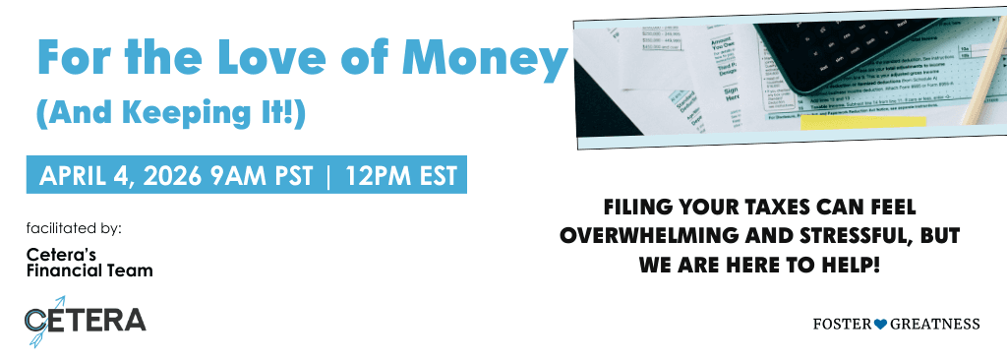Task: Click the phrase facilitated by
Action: [x=74, y=228]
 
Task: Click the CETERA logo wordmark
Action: [x=89, y=320]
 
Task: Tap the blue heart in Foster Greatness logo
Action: [x=880, y=324]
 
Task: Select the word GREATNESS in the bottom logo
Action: [x=934, y=324]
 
